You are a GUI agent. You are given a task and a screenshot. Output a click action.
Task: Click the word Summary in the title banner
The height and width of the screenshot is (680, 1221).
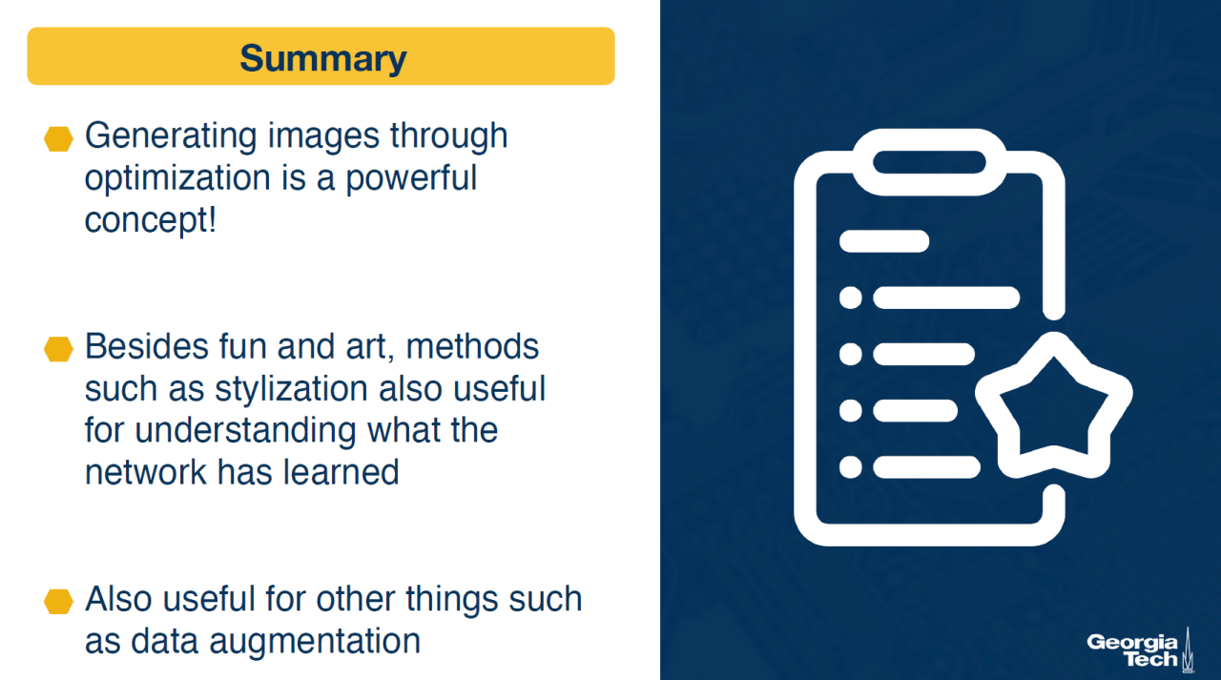(x=322, y=59)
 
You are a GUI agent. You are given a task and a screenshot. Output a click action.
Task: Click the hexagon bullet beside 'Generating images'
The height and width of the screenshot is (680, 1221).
(x=58, y=138)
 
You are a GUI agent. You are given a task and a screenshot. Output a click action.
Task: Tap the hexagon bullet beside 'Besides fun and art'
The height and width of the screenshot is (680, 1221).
(x=58, y=349)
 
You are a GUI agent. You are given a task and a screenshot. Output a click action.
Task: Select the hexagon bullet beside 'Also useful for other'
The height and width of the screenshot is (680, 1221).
(x=58, y=602)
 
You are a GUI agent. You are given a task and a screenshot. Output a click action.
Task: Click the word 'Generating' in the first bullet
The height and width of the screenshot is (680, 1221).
(x=171, y=136)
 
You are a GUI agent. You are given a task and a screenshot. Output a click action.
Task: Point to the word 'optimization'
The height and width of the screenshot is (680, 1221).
(x=177, y=178)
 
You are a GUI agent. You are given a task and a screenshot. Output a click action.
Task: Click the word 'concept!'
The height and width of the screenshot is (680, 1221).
(x=151, y=220)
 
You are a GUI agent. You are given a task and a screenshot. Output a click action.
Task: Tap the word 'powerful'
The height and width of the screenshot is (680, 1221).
(x=411, y=178)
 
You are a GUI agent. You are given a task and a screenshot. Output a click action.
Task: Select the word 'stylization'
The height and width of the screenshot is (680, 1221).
(x=291, y=388)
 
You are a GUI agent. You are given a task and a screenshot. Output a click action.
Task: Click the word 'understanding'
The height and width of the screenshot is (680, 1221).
(x=245, y=430)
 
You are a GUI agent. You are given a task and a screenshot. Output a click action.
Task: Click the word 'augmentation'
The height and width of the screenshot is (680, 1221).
(x=315, y=642)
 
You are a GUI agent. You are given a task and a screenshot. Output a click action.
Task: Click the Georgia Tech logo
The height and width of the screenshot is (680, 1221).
(x=1140, y=650)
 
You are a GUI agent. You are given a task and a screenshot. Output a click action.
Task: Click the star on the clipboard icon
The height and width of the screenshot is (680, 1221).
(x=1053, y=407)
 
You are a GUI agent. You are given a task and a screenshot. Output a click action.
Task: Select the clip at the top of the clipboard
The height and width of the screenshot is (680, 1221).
(x=929, y=162)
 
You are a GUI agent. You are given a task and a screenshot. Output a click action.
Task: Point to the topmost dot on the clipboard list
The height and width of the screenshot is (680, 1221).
(x=850, y=299)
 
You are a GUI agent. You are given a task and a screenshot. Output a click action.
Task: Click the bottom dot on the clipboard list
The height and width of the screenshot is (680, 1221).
(x=850, y=467)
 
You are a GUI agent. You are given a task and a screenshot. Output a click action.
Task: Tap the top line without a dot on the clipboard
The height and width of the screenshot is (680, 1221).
(x=884, y=241)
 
